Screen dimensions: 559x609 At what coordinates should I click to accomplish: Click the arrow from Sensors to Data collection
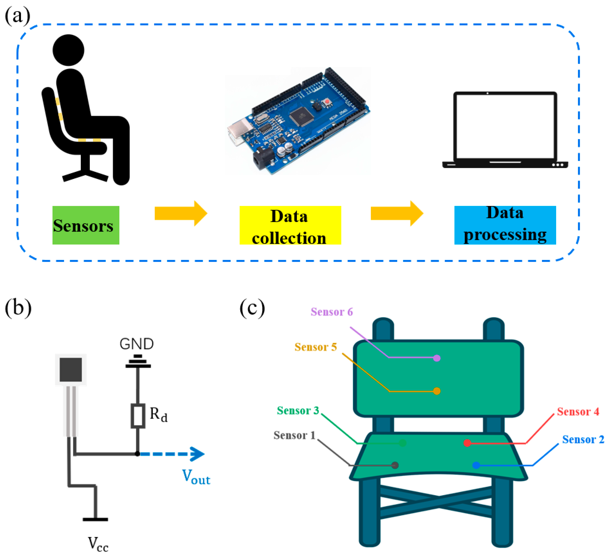point(181,213)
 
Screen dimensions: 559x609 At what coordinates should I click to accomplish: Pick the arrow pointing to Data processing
point(397,213)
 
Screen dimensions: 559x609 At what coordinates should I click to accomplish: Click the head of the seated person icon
point(68,50)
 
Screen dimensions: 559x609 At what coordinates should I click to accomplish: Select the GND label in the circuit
point(137,344)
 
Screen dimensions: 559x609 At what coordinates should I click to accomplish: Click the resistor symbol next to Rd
point(138,416)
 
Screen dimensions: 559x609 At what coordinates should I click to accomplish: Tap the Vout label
point(196,477)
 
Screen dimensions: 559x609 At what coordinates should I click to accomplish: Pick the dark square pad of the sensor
point(70,370)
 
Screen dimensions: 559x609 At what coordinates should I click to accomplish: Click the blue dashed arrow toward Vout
point(173,454)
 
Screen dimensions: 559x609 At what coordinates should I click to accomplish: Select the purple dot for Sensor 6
point(436,358)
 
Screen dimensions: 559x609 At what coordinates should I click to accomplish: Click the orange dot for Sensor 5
point(436,391)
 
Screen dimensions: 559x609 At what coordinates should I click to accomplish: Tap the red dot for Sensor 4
point(467,443)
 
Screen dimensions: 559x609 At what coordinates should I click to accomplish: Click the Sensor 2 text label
point(583,439)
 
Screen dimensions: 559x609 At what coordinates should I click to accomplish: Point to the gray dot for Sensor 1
point(395,465)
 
